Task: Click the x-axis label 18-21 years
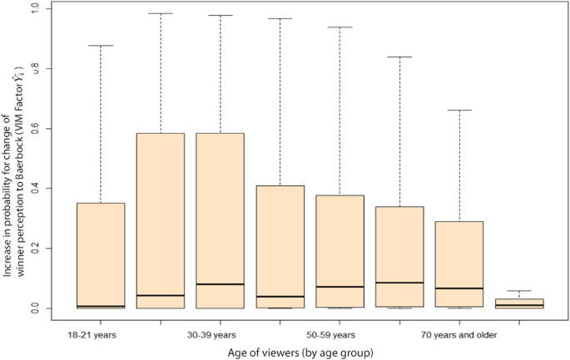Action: click(x=92, y=335)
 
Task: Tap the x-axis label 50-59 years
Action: click(x=332, y=335)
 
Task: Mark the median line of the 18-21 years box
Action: click(x=101, y=306)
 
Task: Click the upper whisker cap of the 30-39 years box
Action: click(x=220, y=16)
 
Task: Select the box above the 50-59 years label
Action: click(x=340, y=251)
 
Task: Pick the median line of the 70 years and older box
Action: click(x=459, y=288)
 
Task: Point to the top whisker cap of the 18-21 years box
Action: click(x=101, y=46)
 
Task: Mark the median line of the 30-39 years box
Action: click(x=220, y=284)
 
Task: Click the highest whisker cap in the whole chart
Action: click(x=161, y=13)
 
